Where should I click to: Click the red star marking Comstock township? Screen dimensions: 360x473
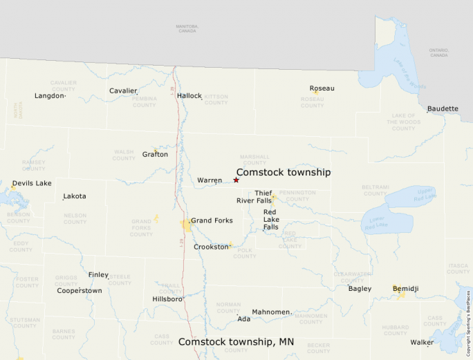pos(236,180)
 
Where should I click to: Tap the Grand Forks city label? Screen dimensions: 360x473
pos(212,221)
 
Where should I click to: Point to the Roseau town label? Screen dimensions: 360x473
pos(322,88)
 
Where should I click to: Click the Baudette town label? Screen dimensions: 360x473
pos(443,108)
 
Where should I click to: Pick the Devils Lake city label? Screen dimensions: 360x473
pos(32,183)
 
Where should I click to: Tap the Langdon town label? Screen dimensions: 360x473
pos(49,96)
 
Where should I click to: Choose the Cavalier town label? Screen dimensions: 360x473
pos(123,91)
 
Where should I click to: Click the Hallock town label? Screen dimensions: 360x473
pos(189,96)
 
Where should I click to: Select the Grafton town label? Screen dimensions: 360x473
pos(155,154)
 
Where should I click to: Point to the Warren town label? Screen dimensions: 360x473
pos(210,180)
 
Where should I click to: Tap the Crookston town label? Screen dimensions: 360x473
pos(211,247)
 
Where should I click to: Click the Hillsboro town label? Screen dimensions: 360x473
pos(167,299)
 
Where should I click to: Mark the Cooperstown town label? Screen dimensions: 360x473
pos(80,291)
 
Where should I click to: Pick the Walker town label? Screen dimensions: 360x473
pos(422,342)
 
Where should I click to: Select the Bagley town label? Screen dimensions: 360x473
pos(360,289)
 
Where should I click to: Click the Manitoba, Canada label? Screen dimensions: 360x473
pos(187,28)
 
